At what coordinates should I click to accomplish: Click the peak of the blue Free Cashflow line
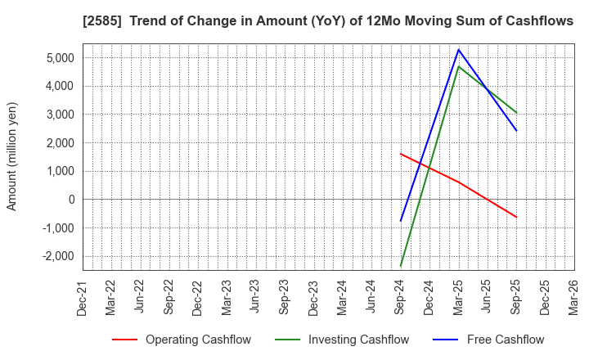(x=458, y=49)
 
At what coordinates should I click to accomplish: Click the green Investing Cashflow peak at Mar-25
(x=458, y=66)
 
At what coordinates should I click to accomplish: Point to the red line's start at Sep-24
(x=401, y=154)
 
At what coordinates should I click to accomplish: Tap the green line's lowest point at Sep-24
(x=401, y=266)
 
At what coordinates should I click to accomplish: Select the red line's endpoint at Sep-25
(x=516, y=217)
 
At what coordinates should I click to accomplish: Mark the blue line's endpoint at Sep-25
(x=516, y=130)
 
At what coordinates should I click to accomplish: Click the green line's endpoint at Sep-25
(x=516, y=113)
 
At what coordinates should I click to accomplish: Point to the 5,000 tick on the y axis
(x=56, y=57)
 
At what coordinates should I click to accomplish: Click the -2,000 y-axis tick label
(x=54, y=256)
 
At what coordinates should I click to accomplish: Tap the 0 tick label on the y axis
(x=70, y=200)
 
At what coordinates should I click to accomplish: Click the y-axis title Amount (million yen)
(x=12, y=156)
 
